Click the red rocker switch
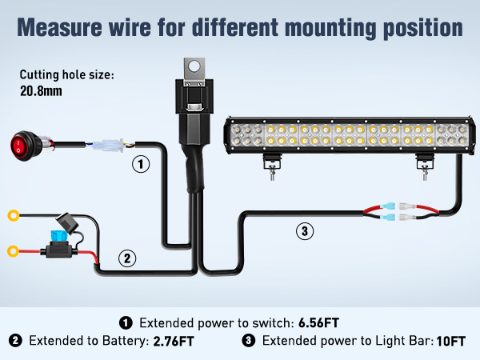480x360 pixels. click(x=24, y=145)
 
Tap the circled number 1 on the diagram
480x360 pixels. click(x=141, y=165)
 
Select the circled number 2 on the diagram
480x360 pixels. click(x=127, y=258)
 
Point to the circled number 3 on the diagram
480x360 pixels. click(x=303, y=232)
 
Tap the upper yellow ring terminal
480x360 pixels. click(x=14, y=214)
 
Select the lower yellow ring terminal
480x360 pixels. click(x=14, y=250)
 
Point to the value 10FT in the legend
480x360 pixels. click(x=451, y=342)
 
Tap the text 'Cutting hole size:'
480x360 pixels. click(x=67, y=74)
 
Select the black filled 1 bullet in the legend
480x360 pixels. click(x=126, y=323)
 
